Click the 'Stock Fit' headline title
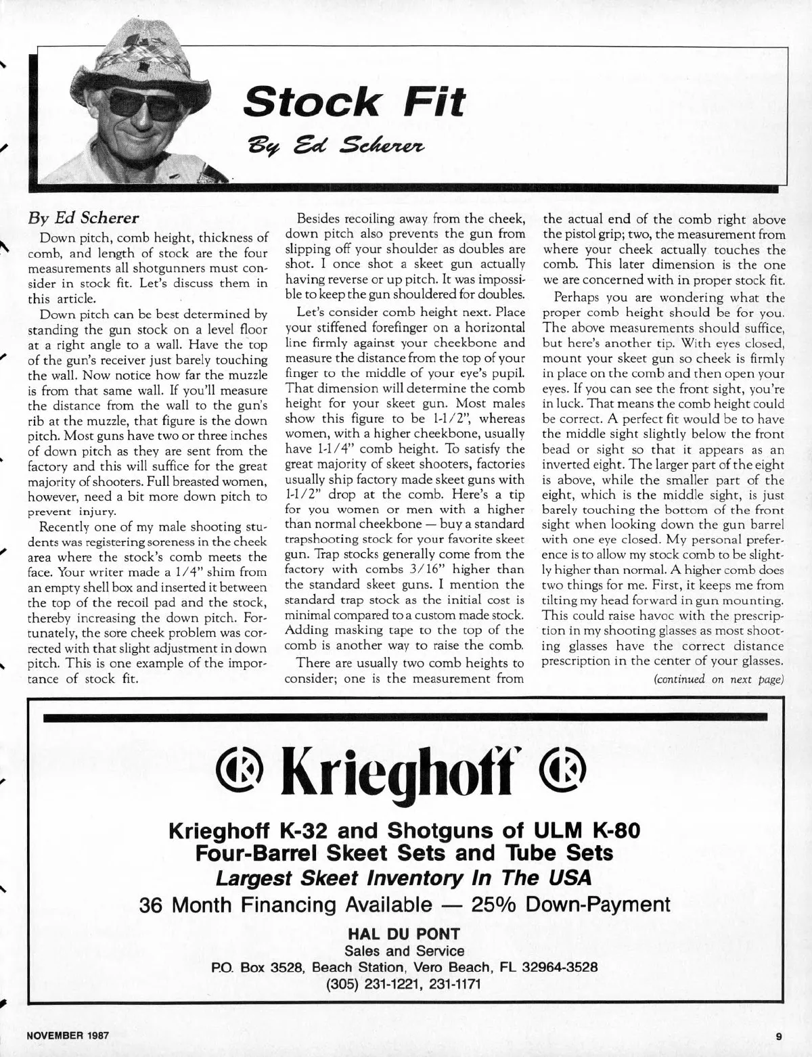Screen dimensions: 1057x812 (355, 102)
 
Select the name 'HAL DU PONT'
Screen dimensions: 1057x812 (404, 935)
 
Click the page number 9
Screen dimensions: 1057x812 (779, 1035)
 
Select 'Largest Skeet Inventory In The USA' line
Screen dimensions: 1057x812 (404, 878)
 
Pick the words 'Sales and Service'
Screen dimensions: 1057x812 (404, 951)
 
